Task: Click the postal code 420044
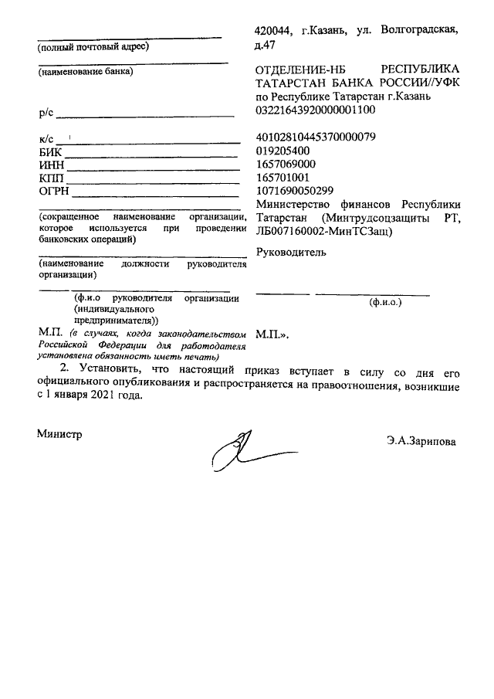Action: (x=273, y=31)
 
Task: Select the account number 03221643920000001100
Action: (x=315, y=110)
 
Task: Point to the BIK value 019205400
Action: (x=283, y=151)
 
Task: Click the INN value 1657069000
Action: (x=285, y=165)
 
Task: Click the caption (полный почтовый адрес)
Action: (x=93, y=46)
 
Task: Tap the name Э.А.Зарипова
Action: (x=422, y=442)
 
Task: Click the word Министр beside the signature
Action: (x=59, y=434)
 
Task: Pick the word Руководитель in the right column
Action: (x=290, y=252)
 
